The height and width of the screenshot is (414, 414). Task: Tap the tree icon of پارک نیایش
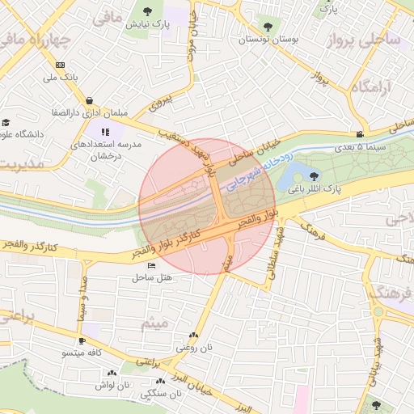146,11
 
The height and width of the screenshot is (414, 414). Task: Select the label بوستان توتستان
267,38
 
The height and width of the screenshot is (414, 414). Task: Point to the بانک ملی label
61,78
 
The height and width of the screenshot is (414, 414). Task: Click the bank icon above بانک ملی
61,65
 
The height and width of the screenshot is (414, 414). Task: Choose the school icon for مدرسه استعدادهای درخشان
104,132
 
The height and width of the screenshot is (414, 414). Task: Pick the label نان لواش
112,385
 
